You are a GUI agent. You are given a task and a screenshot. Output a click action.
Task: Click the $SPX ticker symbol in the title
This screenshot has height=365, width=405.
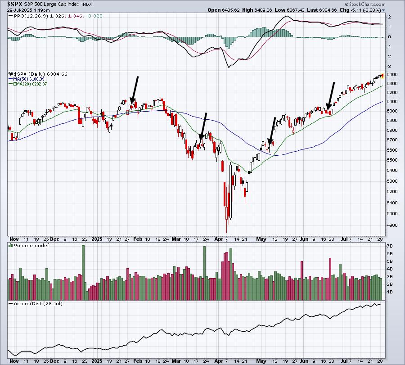[x=15, y=4]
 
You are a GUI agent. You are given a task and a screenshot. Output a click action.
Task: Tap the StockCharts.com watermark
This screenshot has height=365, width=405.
[x=365, y=4]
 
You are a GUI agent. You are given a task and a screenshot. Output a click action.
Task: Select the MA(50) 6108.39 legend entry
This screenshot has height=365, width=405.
[x=27, y=79]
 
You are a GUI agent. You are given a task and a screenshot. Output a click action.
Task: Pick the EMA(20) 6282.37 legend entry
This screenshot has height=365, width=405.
[x=28, y=84]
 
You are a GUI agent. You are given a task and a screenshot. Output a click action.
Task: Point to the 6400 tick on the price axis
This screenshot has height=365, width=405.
[x=392, y=74]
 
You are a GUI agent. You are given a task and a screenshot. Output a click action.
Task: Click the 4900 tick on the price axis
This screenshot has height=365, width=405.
[x=392, y=225]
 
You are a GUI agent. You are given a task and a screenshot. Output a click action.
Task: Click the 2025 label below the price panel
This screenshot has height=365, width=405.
[x=97, y=239]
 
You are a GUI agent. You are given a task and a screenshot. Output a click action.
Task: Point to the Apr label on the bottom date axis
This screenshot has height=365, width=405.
[x=219, y=361]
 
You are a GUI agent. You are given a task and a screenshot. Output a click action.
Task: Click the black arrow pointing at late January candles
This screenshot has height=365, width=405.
[x=134, y=90]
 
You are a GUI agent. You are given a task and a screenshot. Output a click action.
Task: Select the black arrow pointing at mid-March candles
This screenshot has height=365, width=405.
[x=203, y=126]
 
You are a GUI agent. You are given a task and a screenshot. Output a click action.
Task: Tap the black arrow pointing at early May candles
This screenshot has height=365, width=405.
[x=271, y=131]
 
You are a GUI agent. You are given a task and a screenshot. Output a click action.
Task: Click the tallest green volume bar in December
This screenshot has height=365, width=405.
[x=83, y=273]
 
